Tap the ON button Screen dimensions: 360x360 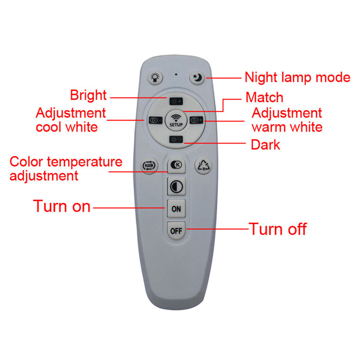(x=176, y=208)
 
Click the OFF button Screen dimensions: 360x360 (x=176, y=230)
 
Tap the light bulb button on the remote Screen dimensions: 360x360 (x=156, y=77)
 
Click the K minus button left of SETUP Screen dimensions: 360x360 (x=156, y=120)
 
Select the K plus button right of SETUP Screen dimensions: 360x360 (x=197, y=120)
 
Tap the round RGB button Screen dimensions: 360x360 (x=149, y=166)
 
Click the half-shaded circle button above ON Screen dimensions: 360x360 (x=176, y=186)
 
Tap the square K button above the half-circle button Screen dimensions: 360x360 (x=176, y=165)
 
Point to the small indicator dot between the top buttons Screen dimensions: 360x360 (x=176, y=75)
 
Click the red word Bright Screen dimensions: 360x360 (x=89, y=95)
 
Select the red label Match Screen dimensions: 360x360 (x=264, y=97)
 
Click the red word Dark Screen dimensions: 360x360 (x=265, y=145)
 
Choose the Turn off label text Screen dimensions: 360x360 (x=278, y=229)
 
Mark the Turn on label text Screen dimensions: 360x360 (x=62, y=206)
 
